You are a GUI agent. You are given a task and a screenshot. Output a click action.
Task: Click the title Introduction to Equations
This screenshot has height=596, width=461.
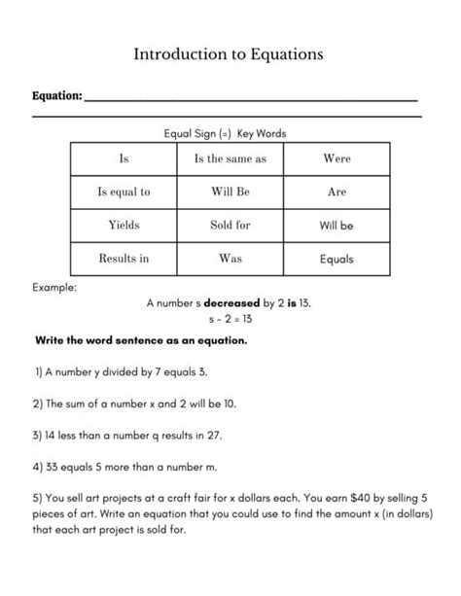229,54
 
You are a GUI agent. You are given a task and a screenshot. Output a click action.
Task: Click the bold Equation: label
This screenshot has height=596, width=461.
56,96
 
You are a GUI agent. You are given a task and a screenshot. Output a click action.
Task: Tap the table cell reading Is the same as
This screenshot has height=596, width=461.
230,158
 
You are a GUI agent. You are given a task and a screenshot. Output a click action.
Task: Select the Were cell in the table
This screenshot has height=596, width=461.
337,158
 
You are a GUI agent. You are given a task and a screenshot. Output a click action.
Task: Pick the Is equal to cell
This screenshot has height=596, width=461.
124,192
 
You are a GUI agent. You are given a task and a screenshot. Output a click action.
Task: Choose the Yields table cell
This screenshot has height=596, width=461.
124,225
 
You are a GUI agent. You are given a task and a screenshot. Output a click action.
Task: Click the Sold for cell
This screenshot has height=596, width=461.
230,225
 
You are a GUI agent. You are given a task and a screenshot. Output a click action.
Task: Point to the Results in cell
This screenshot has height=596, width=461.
124,259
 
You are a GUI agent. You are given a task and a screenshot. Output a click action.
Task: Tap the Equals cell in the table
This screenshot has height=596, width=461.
337,260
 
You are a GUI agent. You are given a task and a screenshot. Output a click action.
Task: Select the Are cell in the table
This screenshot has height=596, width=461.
337,192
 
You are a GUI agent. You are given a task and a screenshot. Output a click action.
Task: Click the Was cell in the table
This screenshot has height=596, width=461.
230,259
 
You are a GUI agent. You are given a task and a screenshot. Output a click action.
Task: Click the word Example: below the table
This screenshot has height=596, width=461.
54,288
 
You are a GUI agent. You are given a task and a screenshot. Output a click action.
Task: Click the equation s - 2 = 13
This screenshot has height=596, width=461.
230,318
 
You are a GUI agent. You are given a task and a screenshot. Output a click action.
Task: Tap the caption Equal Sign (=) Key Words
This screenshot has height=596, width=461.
230,133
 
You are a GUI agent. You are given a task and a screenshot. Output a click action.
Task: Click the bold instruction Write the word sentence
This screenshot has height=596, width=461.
141,341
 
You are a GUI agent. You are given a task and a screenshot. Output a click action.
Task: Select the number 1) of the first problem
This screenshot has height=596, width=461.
40,371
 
